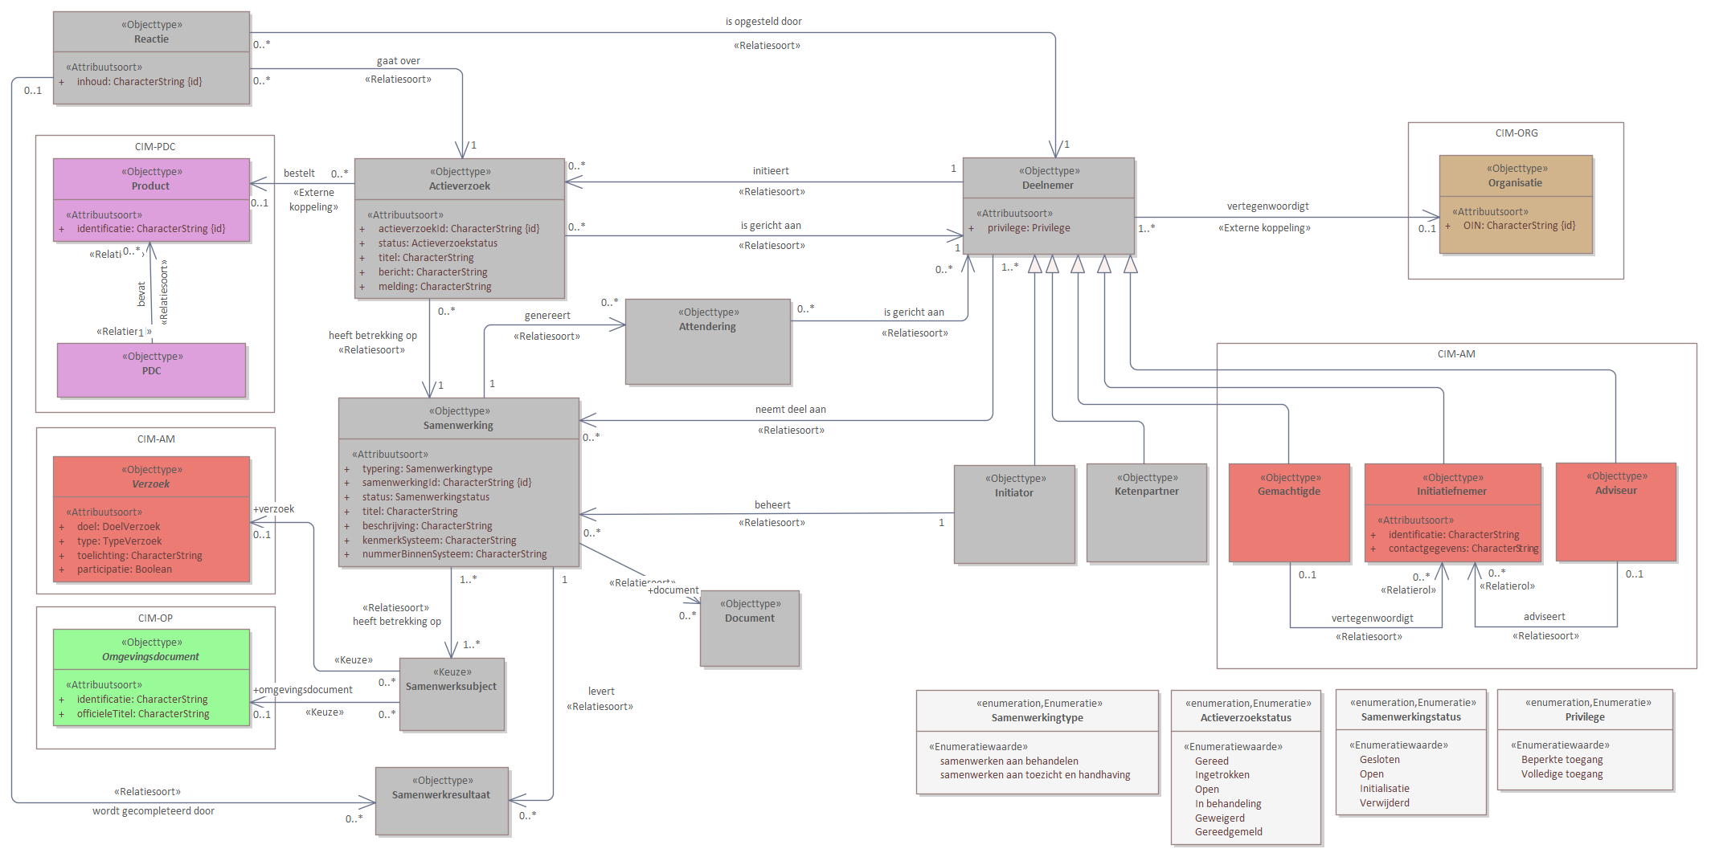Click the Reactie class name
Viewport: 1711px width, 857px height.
[x=151, y=39]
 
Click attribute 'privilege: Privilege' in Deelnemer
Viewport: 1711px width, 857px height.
[x=1028, y=228]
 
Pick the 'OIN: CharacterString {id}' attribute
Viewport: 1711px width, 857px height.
[x=1518, y=226]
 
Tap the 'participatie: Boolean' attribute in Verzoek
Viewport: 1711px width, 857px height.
[x=124, y=569]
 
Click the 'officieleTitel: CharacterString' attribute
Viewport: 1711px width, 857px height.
[x=142, y=714]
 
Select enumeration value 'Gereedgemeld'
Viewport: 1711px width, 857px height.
[x=1228, y=832]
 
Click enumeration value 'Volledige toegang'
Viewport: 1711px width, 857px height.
[x=1561, y=774]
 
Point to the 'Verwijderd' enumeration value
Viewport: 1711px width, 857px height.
[x=1384, y=803]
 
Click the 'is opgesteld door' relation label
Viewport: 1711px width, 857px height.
[x=763, y=22]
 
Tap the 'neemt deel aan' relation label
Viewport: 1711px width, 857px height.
[x=790, y=410]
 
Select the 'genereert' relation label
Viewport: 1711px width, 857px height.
[x=546, y=316]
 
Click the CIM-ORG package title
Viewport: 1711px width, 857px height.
[x=1516, y=133]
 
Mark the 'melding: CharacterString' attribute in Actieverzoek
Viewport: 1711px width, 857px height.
[x=434, y=287]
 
